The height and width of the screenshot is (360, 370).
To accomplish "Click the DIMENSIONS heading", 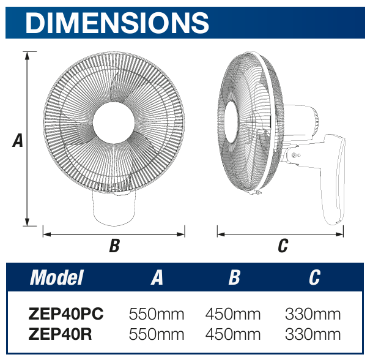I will pyautogui.click(x=117, y=23).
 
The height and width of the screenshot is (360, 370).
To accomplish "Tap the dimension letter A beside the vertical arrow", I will pyautogui.click(x=18, y=141).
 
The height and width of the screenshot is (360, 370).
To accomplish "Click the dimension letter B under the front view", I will pyautogui.click(x=114, y=246).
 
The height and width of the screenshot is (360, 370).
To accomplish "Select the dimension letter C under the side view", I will pyautogui.click(x=282, y=246).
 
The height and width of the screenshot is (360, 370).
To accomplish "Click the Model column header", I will pyautogui.click(x=57, y=277).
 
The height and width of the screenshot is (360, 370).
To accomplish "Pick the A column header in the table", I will pyautogui.click(x=157, y=278).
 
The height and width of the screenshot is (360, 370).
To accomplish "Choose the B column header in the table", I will pyautogui.click(x=234, y=278).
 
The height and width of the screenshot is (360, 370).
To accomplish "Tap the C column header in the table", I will pyautogui.click(x=313, y=278).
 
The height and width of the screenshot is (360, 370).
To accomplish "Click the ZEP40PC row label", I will pyautogui.click(x=66, y=315).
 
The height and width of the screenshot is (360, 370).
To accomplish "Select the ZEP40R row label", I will pyautogui.click(x=61, y=334).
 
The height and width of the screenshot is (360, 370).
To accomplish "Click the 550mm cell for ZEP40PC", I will pyautogui.click(x=157, y=315).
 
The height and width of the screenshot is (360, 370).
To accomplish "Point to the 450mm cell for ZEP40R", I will pyautogui.click(x=233, y=334).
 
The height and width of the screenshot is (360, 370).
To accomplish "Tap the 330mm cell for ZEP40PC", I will pyautogui.click(x=313, y=315).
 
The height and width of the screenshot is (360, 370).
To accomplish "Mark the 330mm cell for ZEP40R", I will pyautogui.click(x=313, y=334).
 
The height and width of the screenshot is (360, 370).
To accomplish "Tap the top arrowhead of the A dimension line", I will pyautogui.click(x=27, y=55).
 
